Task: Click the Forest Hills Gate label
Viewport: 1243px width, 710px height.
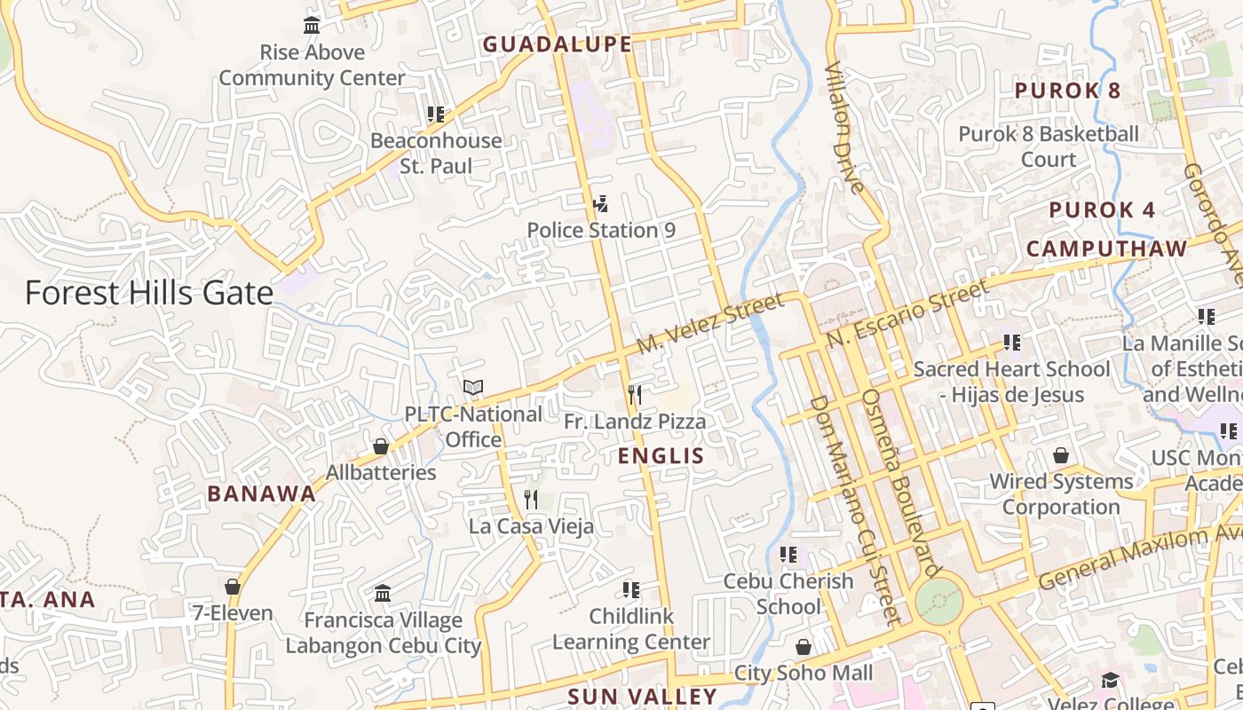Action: (x=148, y=293)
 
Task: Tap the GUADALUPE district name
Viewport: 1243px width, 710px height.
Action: (x=557, y=44)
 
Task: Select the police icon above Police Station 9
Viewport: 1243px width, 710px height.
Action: (x=600, y=204)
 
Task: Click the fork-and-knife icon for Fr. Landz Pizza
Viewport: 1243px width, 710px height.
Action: (x=635, y=394)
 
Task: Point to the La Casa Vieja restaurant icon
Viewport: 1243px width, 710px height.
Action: (x=531, y=499)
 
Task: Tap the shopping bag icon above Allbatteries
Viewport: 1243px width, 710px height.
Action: (x=381, y=446)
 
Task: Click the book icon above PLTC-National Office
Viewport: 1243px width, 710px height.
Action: (x=473, y=388)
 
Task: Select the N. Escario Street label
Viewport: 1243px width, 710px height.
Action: (x=907, y=313)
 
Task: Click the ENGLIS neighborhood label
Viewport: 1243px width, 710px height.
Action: (x=661, y=456)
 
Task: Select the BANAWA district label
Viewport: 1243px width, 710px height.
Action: (x=261, y=494)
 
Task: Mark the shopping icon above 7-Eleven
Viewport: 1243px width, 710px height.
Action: (x=233, y=587)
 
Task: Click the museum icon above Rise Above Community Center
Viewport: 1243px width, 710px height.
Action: (x=312, y=25)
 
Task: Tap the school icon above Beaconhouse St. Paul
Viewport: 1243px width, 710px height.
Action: (x=435, y=114)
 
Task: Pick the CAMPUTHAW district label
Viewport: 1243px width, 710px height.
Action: (x=1106, y=248)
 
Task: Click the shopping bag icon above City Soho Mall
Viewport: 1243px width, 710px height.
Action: (x=804, y=647)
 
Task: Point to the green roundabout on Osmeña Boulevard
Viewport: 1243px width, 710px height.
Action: (x=938, y=602)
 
